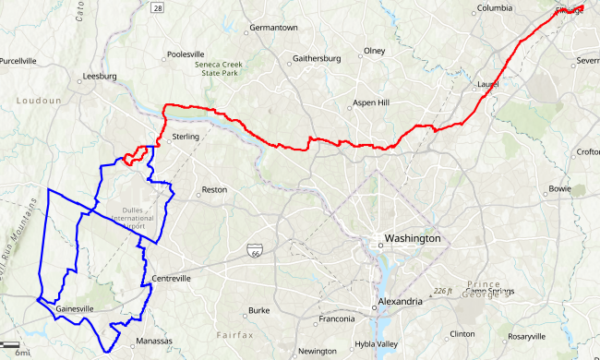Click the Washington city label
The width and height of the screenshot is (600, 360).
[x=413, y=238]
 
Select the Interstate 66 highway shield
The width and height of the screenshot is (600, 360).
[x=254, y=250]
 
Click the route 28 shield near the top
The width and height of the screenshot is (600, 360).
[x=158, y=7]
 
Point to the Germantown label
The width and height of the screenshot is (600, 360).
[x=274, y=28]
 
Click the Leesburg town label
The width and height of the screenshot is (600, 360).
[x=100, y=76]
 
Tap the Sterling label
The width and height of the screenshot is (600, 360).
[x=186, y=138]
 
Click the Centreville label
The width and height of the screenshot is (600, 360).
[x=171, y=278]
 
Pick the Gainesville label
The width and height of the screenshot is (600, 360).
[x=75, y=308]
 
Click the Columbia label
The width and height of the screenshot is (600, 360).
[x=494, y=8]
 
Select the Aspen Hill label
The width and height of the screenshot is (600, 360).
[x=379, y=102]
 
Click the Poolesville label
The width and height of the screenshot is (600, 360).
[x=191, y=55]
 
